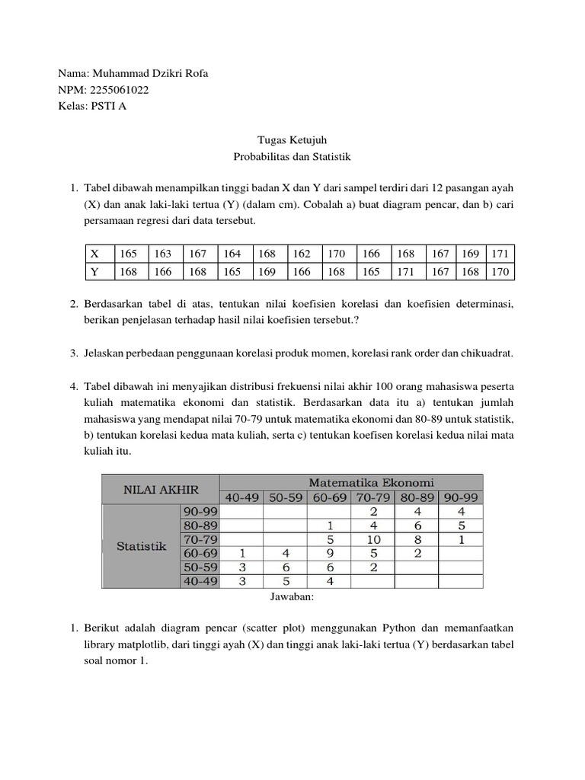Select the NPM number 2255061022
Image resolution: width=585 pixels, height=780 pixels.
[119, 90]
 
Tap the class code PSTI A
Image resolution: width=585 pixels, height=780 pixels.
[108, 106]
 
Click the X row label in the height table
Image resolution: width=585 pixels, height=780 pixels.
[94, 254]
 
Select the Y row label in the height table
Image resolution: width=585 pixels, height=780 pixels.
[94, 271]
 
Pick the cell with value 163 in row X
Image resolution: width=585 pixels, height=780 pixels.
[163, 254]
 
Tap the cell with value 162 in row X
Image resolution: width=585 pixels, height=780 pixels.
[301, 254]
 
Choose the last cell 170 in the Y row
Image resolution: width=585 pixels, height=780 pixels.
[499, 271]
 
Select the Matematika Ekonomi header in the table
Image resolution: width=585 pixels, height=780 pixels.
[371, 481]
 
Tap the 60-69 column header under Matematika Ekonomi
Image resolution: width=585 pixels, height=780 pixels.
[329, 497]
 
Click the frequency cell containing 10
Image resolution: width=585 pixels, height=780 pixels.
[373, 539]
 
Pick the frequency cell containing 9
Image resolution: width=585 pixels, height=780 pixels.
[329, 554]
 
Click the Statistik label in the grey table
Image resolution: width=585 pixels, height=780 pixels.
[141, 546]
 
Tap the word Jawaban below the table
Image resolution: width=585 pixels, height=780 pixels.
[292, 598]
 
